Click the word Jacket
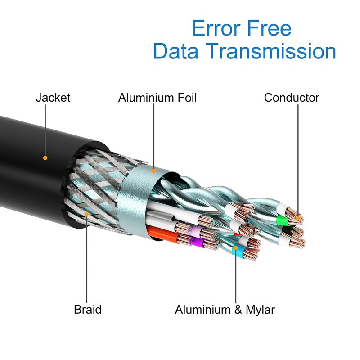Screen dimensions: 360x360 pos(53,98)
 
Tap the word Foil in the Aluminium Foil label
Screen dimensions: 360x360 pos(185,98)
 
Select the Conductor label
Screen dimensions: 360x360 pos(292,98)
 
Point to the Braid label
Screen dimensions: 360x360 pos(88,310)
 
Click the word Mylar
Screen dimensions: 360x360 pos(257,310)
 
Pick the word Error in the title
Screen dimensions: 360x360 pos(214,29)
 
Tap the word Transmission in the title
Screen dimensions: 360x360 pos(274,51)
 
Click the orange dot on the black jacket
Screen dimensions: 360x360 pos(45,158)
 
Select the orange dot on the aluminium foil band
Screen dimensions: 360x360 pos(154,171)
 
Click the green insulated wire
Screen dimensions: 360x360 pos(283,220)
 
